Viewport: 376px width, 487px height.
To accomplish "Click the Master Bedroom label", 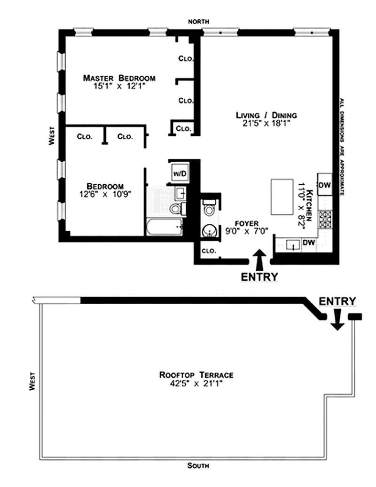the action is click(119, 78).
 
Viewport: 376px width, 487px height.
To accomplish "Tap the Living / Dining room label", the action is click(266, 115).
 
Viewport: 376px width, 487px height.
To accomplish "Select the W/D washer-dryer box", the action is click(180, 173).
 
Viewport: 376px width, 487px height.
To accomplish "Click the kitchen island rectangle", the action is click(282, 196).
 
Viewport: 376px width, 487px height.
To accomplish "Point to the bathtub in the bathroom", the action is click(164, 227).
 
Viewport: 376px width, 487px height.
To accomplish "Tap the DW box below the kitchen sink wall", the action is click(309, 243).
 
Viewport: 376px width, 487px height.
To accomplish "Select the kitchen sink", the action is click(293, 245).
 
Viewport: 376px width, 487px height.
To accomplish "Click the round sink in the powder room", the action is click(209, 231).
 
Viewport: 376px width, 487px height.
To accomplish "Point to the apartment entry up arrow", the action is click(259, 259).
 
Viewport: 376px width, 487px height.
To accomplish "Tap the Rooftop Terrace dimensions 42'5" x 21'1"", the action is click(196, 384).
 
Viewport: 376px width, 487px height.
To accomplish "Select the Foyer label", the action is click(247, 224).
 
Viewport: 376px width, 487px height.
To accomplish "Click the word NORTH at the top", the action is click(198, 22).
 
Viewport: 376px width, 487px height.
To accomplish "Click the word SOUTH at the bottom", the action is click(198, 465).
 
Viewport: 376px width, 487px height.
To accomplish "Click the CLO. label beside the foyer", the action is click(209, 251).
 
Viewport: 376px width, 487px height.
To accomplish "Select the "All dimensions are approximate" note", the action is click(342, 147).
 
